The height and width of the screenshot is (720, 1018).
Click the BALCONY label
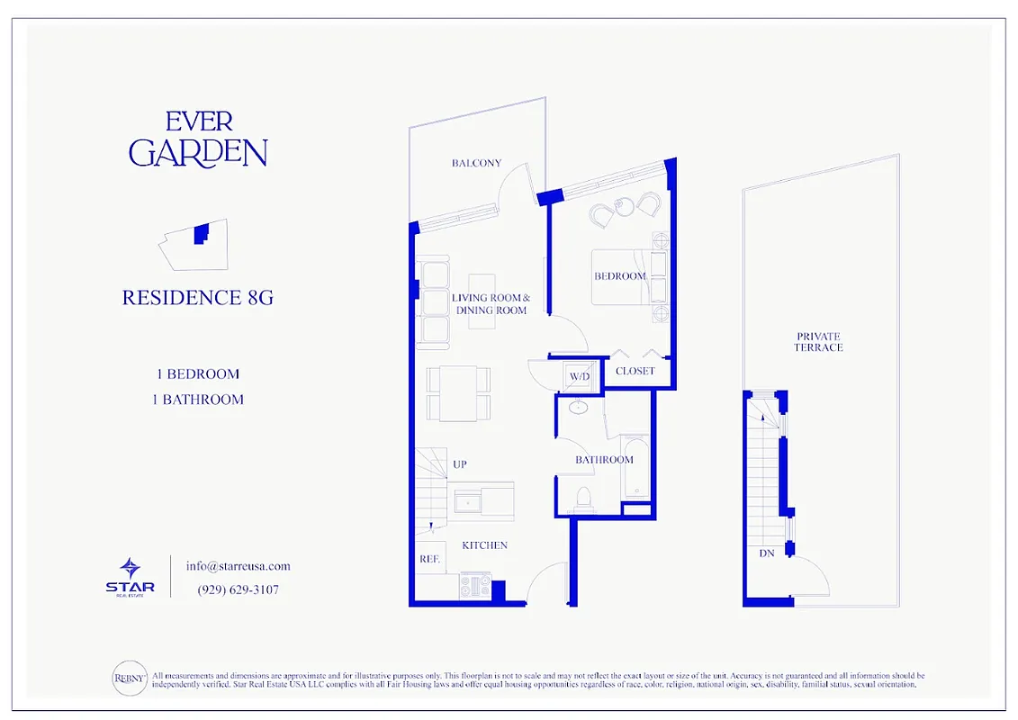click(x=476, y=163)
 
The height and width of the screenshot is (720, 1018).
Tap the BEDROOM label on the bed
click(x=619, y=276)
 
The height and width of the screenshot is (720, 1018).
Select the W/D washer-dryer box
click(x=578, y=376)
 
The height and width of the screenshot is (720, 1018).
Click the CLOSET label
click(x=635, y=371)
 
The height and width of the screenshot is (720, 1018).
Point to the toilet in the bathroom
click(x=583, y=498)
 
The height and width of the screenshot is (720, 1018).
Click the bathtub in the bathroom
click(x=635, y=467)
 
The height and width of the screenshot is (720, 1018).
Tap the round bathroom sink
click(x=579, y=409)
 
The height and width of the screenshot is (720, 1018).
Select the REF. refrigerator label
click(x=429, y=559)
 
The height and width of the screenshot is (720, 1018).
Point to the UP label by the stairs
click(x=459, y=464)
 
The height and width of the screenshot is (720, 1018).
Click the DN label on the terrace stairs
click(x=766, y=553)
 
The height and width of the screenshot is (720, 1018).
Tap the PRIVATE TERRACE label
click(x=819, y=342)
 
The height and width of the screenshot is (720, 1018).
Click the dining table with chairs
click(x=458, y=392)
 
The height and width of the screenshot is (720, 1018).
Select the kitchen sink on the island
click(x=469, y=500)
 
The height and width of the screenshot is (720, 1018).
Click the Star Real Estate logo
click(x=131, y=575)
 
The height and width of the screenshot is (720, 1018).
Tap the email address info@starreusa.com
click(x=238, y=566)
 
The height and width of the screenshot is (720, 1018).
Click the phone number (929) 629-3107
click(x=238, y=590)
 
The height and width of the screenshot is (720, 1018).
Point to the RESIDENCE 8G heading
click(x=197, y=298)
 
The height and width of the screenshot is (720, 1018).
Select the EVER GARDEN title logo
click(x=198, y=139)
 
